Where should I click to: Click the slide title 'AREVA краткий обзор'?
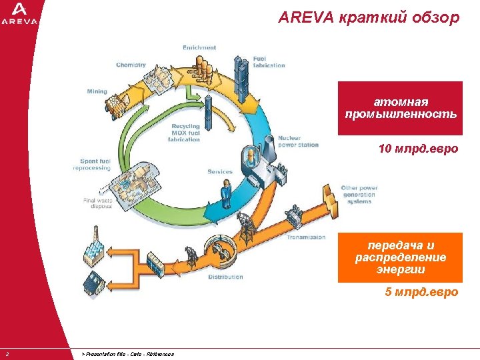(369, 18)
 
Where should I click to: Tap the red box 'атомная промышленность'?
(400, 108)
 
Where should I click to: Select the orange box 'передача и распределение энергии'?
(400, 257)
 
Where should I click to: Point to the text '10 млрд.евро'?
(418, 148)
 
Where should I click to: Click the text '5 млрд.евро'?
(421, 292)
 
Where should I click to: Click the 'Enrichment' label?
(199, 47)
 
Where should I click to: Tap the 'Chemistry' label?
(131, 65)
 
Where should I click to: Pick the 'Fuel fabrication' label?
(269, 62)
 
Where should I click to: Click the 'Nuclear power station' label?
(298, 141)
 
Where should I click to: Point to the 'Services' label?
(220, 172)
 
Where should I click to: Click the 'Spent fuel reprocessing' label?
(91, 165)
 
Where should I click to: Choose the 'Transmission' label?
(306, 237)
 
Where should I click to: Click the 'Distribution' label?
(225, 277)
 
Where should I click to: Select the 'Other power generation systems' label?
(359, 195)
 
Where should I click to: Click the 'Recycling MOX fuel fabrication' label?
(185, 133)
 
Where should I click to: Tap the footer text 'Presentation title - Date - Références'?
(127, 354)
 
